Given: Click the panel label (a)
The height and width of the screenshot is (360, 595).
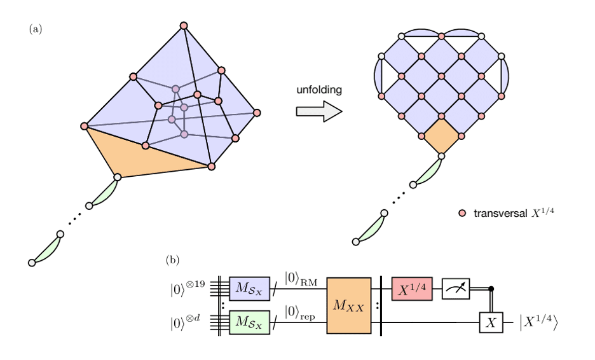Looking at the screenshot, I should point(35,29).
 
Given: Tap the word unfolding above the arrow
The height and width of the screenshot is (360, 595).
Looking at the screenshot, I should point(319,90).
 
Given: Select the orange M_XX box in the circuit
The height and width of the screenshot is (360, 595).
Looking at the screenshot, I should point(348,307).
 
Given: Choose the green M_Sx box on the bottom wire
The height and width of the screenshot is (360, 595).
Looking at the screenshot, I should point(250,321).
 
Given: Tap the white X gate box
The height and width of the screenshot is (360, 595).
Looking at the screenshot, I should point(491,322).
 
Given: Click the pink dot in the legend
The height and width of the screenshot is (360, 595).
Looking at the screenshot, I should point(462,213).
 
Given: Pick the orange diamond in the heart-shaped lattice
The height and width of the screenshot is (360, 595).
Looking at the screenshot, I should point(441,137).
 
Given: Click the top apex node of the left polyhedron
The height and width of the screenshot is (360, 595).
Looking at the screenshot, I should point(184,25).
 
